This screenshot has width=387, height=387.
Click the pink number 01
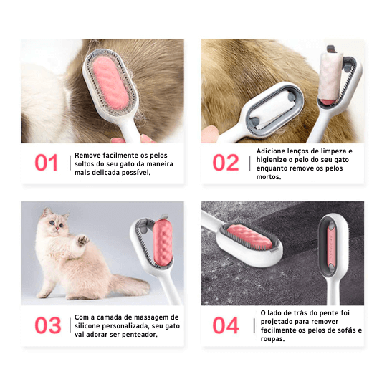[x=46, y=163]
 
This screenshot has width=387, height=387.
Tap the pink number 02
[x=226, y=163]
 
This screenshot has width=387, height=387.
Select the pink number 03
[x=48, y=325]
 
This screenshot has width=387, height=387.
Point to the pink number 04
[x=226, y=325]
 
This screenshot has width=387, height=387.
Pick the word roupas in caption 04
[x=272, y=339]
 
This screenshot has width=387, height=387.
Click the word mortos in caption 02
[x=269, y=177]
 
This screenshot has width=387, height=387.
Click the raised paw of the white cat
[x=82, y=239]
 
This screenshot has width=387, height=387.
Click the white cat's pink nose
[x=57, y=229]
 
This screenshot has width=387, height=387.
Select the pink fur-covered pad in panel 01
[x=111, y=82]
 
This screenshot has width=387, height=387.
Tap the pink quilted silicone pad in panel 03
[x=163, y=243]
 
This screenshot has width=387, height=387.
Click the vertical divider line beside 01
[x=70, y=163]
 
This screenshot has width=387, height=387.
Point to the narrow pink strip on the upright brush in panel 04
[x=331, y=247]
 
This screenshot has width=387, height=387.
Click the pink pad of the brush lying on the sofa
[x=249, y=236]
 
